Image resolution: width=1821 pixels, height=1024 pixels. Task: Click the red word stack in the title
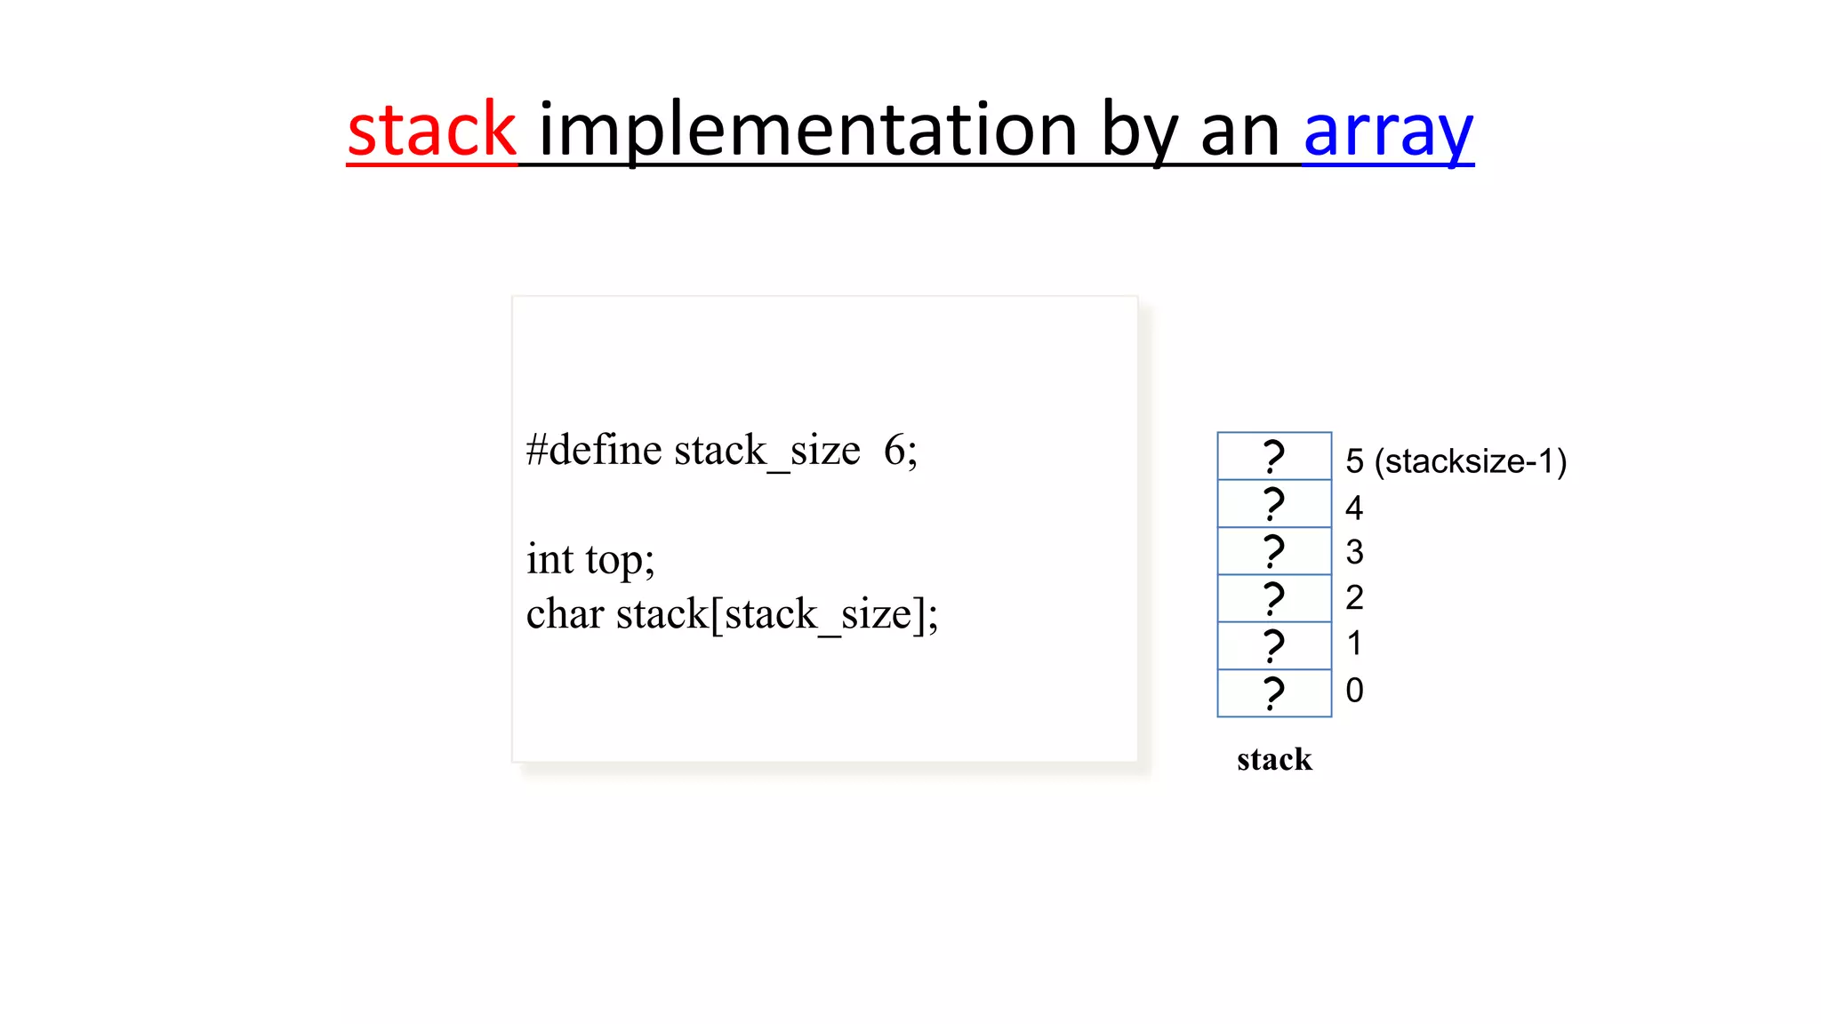point(431,131)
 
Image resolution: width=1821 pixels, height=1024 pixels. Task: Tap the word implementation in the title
point(808,131)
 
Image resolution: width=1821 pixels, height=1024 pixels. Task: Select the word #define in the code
point(594,450)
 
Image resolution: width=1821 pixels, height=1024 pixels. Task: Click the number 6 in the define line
point(894,450)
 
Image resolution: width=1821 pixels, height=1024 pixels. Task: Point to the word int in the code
point(550,560)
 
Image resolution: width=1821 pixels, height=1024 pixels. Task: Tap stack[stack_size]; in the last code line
point(777,614)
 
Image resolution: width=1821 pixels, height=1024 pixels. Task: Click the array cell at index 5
point(1274,456)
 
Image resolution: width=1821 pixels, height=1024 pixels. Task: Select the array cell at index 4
point(1274,504)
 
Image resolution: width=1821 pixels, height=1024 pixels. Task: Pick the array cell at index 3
point(1274,551)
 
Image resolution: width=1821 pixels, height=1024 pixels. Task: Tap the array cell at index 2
point(1274,598)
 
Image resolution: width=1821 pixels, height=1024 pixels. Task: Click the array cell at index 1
point(1274,646)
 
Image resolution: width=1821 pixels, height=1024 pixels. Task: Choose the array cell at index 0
point(1274,693)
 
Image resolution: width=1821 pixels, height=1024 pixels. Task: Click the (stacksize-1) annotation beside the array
point(1470,461)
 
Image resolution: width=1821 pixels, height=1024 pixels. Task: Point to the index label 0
point(1354,691)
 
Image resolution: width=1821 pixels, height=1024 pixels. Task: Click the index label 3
point(1354,553)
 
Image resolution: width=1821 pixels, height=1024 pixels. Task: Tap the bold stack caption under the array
point(1274,760)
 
